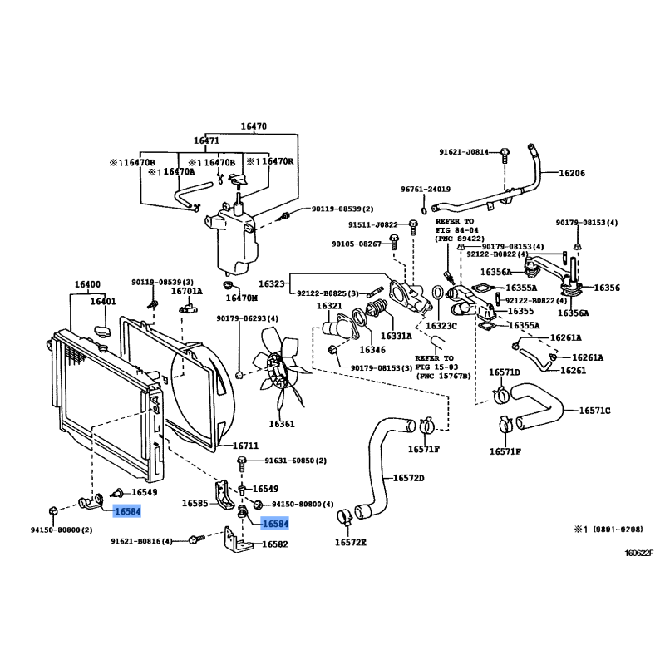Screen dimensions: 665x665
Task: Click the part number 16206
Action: (572, 174)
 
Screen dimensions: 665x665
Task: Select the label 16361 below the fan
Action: (282, 424)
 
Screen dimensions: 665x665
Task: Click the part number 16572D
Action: (408, 478)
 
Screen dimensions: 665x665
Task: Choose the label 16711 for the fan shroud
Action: (246, 446)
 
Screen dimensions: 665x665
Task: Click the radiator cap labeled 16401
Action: (103, 331)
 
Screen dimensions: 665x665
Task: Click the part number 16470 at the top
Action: (254, 127)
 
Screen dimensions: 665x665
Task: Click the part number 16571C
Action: (595, 411)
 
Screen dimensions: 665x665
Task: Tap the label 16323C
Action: (441, 326)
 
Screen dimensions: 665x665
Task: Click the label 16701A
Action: (187, 291)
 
